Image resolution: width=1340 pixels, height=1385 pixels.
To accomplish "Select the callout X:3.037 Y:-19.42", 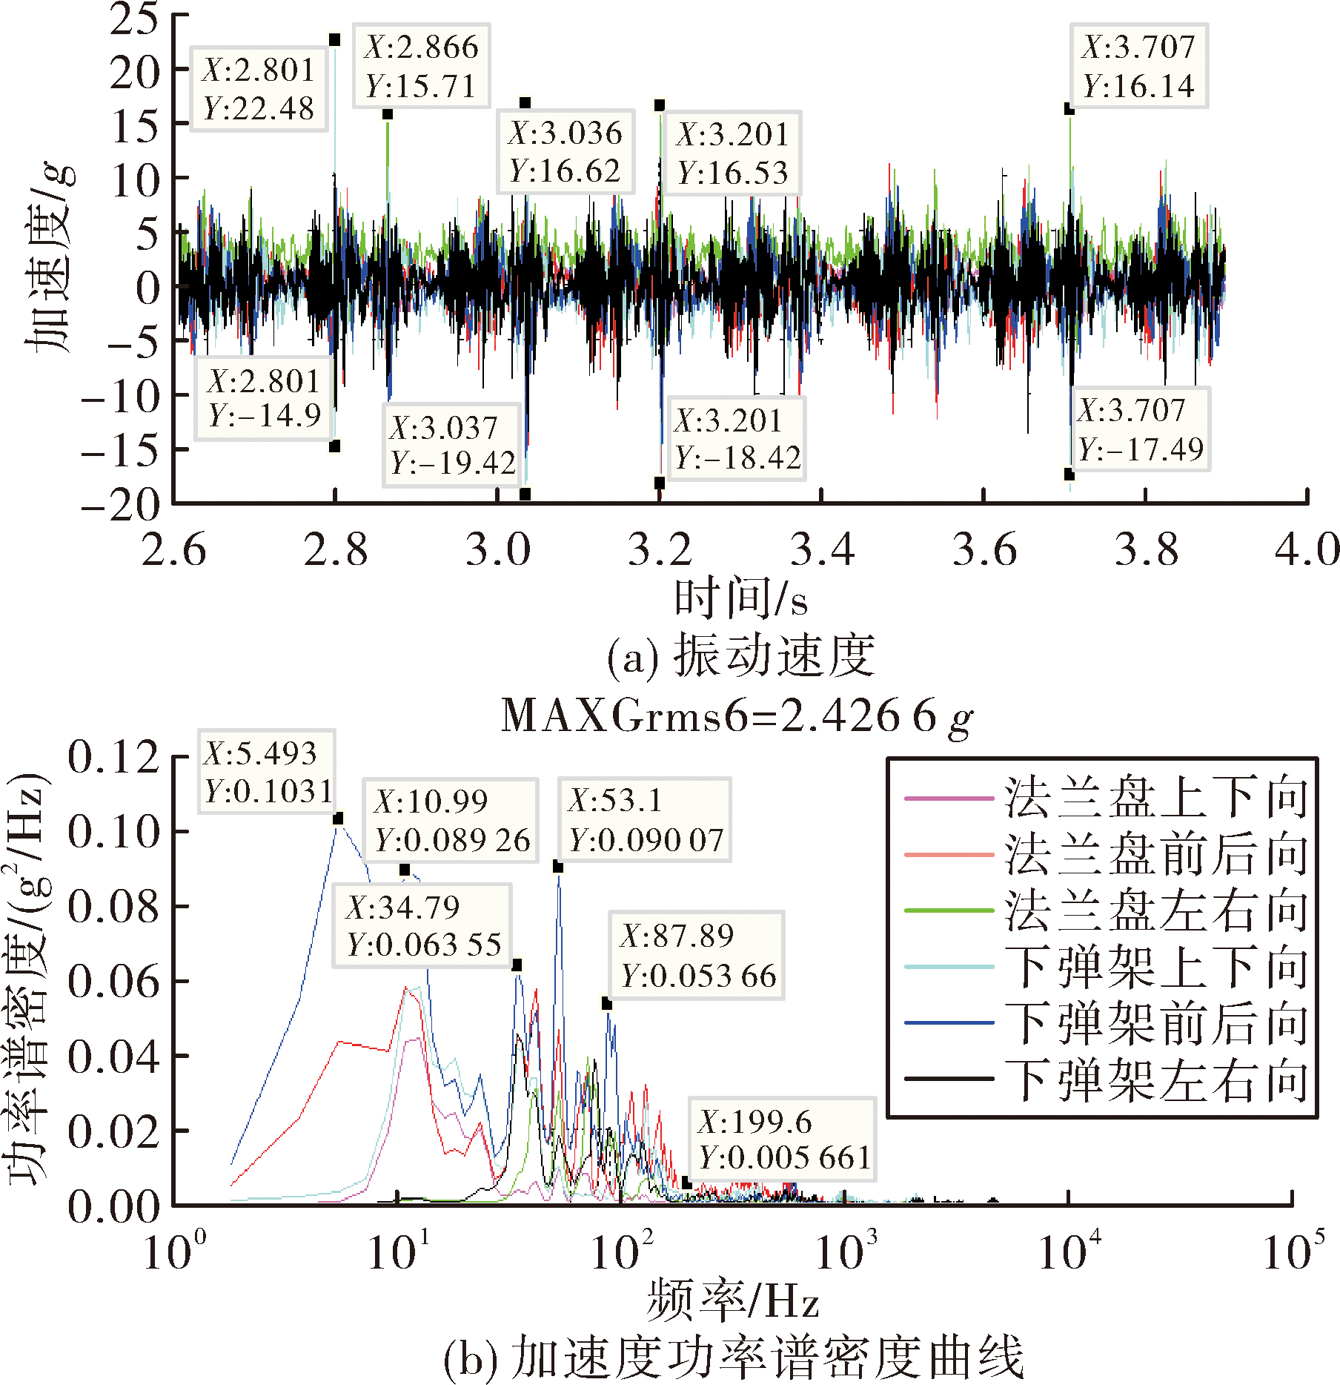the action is pos(451,445).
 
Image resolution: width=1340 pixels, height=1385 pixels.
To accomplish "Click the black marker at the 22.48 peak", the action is pos(335,40).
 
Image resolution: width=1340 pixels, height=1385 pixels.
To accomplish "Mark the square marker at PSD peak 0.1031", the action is pos(338,819).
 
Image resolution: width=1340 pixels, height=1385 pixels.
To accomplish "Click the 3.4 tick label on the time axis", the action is pos(822,549).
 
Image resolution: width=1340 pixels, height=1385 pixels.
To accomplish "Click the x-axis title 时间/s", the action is pos(740,598).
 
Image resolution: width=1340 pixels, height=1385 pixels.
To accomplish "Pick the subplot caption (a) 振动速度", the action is pos(740,657).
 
